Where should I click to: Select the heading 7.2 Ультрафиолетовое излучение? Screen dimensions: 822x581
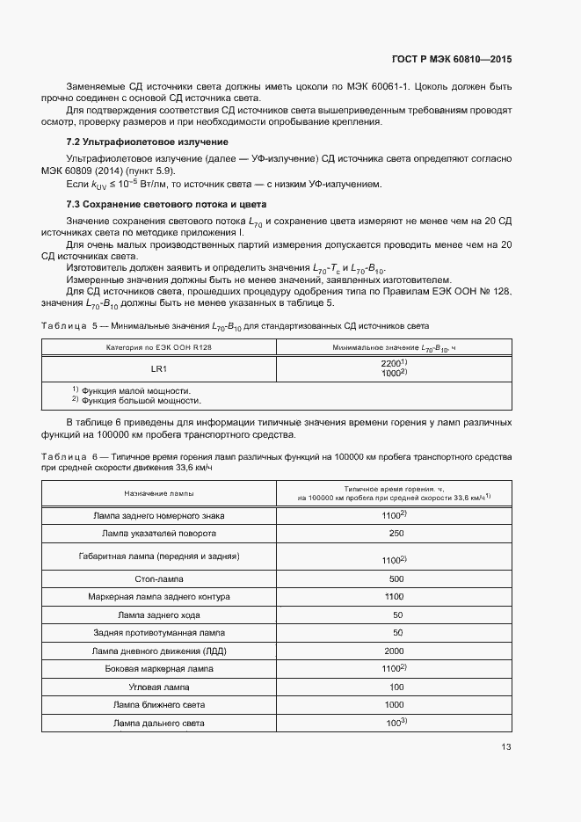pyautogui.click(x=148, y=142)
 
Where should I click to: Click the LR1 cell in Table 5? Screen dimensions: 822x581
pyautogui.click(x=159, y=368)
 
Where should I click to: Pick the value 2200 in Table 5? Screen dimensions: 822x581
pyautogui.click(x=392, y=363)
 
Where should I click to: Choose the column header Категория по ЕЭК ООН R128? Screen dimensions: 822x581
pyautogui.click(x=159, y=348)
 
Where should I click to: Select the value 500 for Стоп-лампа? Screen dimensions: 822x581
pyautogui.click(x=396, y=578)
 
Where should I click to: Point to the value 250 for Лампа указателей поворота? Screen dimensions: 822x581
pyautogui.click(x=396, y=533)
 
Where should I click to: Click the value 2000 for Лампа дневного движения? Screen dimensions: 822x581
pyautogui.click(x=394, y=651)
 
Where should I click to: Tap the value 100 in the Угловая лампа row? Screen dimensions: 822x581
pyautogui.click(x=396, y=687)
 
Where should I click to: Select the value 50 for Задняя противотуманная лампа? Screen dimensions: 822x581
pyautogui.click(x=397, y=633)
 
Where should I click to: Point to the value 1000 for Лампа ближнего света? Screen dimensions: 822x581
pyautogui.click(x=394, y=705)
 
